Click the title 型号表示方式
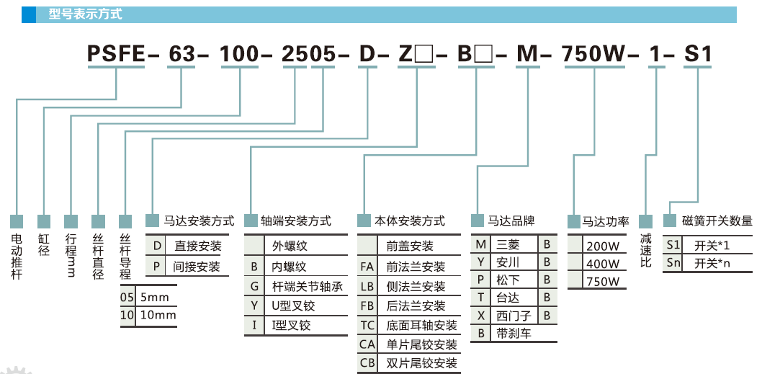point(85,14)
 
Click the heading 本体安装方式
point(409,221)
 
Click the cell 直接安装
point(197,246)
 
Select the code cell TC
point(367,325)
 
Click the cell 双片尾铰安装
point(421,363)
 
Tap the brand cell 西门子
point(512,315)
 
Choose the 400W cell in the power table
point(603,264)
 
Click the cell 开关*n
point(712,263)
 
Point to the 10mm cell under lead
point(156,315)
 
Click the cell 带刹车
point(512,333)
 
